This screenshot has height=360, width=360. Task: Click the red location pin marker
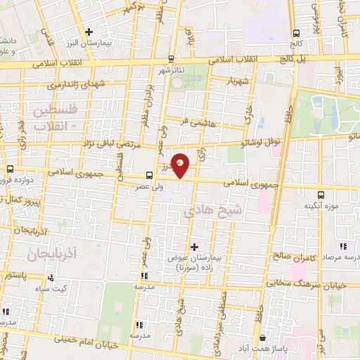[x=181, y=165]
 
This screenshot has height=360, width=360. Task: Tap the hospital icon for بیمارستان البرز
[x=89, y=31]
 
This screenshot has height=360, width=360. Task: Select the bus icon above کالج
[x=297, y=32]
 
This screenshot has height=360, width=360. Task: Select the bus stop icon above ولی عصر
[x=149, y=175]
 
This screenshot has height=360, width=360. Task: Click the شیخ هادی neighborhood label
[x=204, y=210]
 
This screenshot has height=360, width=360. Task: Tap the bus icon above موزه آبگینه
[x=321, y=194]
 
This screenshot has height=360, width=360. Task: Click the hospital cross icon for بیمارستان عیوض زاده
[x=195, y=247]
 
